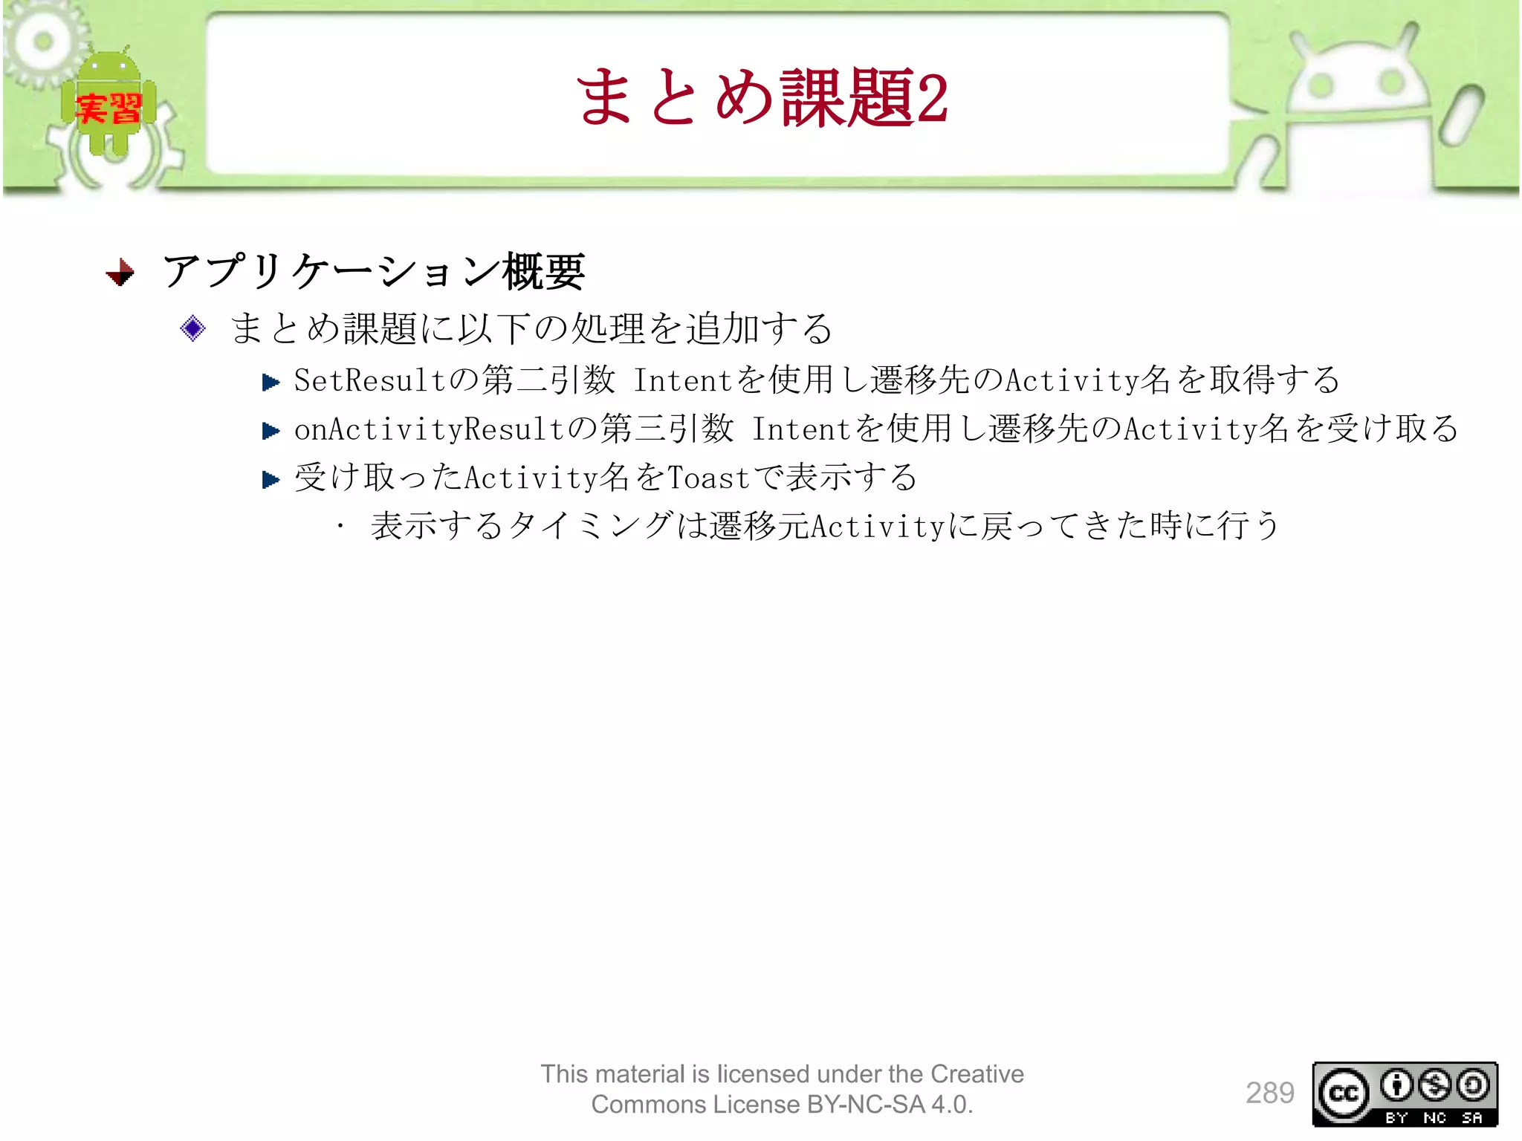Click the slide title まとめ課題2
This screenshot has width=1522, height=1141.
click(761, 97)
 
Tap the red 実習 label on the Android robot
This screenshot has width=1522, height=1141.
click(109, 109)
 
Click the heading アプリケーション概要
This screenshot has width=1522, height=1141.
click(374, 271)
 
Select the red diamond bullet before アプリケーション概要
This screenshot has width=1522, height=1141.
click(120, 272)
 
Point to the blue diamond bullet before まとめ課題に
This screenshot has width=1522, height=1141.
click(193, 328)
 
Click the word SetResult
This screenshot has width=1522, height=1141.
click(369, 381)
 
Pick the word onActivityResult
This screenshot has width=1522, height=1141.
click(429, 429)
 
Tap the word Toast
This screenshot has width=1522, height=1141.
click(708, 478)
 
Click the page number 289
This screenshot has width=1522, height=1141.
click(1269, 1093)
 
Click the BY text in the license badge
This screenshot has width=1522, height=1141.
click(1396, 1118)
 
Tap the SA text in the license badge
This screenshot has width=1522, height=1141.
click(1472, 1118)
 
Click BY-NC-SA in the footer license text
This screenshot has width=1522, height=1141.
click(866, 1105)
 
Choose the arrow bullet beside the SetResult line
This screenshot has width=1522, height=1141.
click(271, 383)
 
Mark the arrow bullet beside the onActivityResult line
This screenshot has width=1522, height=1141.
click(271, 431)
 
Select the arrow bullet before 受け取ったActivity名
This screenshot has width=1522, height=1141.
click(271, 480)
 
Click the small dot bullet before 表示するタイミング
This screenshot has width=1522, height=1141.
click(340, 527)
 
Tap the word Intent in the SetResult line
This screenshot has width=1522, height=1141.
click(683, 381)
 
